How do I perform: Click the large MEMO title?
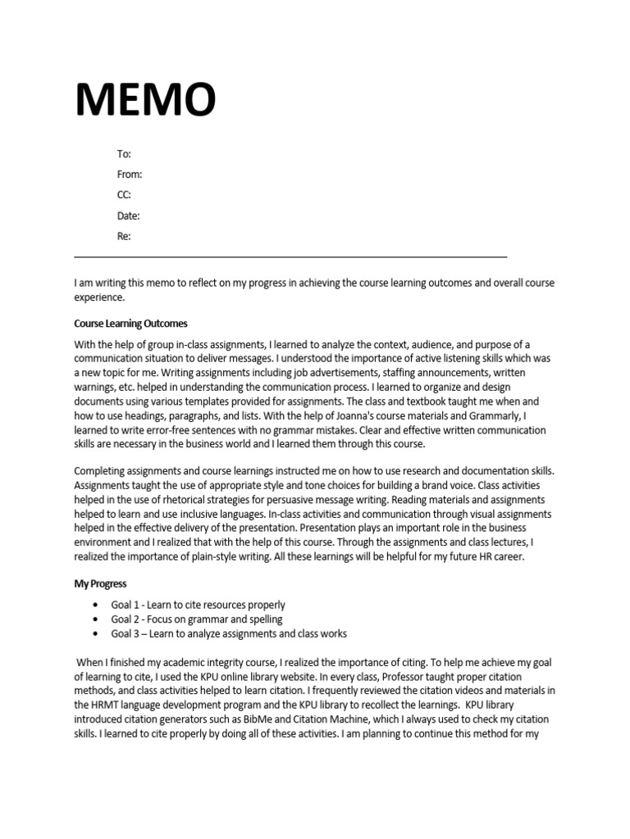pyautogui.click(x=146, y=100)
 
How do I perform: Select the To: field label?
pyautogui.click(x=124, y=154)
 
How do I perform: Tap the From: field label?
pyautogui.click(x=130, y=175)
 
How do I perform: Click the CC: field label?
pyautogui.click(x=124, y=195)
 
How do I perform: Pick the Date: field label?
pyautogui.click(x=129, y=216)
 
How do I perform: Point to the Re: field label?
pyautogui.click(x=124, y=237)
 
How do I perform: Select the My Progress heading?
pyautogui.click(x=100, y=584)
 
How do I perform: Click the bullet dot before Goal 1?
pyautogui.click(x=95, y=605)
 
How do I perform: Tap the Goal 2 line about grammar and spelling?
pyautogui.click(x=197, y=619)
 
